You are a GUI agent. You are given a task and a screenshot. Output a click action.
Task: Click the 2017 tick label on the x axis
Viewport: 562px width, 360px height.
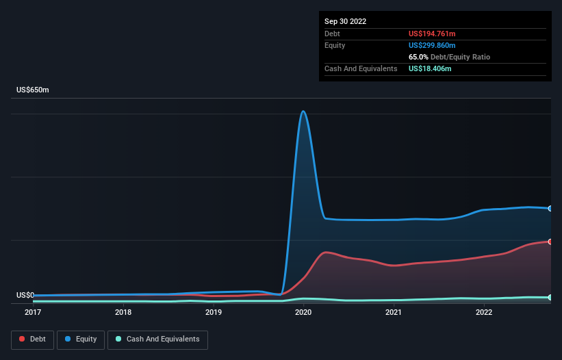point(33,313)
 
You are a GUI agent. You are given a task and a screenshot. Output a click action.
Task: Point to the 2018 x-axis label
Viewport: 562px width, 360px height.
point(123,313)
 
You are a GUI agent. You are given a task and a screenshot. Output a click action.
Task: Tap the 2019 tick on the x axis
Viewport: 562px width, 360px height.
point(214,313)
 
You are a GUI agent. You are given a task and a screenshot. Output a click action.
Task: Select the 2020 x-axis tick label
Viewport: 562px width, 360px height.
point(303,313)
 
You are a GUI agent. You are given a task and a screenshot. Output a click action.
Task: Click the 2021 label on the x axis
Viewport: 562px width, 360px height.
point(394,313)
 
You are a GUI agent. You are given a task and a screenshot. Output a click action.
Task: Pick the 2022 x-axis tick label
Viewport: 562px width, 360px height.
point(484,313)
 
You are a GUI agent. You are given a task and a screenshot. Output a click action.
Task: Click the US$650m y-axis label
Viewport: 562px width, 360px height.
point(33,90)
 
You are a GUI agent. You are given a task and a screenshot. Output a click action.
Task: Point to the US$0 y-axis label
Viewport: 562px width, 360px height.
point(25,295)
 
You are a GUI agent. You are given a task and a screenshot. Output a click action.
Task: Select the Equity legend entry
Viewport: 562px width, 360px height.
point(81,339)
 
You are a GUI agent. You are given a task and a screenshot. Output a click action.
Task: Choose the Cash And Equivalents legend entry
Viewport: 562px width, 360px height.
point(157,339)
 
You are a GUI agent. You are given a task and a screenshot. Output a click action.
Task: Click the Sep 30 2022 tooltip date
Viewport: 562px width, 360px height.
point(346,21)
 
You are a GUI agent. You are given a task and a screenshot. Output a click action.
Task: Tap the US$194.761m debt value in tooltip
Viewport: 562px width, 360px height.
point(432,34)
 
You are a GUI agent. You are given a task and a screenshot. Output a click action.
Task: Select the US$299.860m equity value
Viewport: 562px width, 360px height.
point(432,45)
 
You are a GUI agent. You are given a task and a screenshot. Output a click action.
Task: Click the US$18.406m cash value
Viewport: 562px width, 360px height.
point(430,68)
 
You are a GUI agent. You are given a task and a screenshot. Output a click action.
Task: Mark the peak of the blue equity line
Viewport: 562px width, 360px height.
point(303,112)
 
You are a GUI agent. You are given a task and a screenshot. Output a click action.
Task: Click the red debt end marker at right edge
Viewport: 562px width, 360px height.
point(550,242)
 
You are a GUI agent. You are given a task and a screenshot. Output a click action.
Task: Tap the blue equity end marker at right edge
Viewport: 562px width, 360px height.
point(550,208)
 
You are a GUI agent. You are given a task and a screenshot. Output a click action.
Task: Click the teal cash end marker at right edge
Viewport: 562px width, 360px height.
point(550,298)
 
